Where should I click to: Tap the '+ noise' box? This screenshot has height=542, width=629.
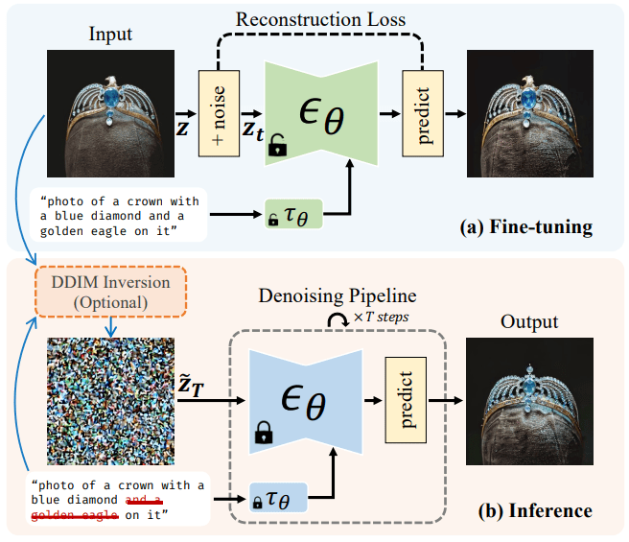click(x=217, y=113)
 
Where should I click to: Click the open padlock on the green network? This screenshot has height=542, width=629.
click(x=277, y=146)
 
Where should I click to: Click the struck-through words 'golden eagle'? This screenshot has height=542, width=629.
click(x=76, y=516)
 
